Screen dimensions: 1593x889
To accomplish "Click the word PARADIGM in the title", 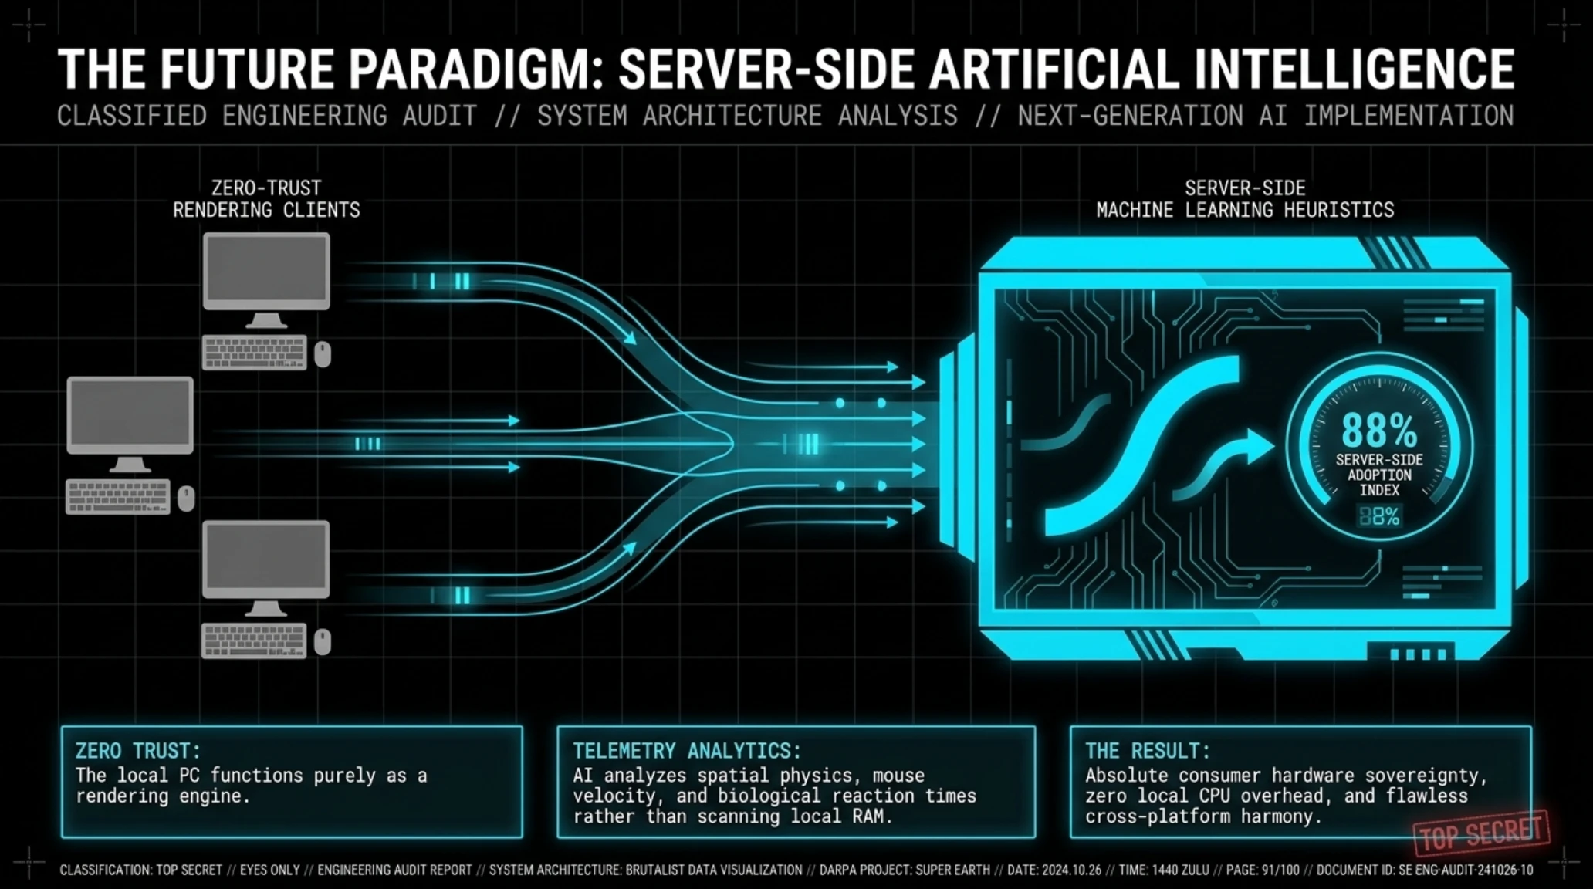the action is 473,69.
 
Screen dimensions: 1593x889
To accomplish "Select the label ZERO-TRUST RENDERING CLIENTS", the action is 266,199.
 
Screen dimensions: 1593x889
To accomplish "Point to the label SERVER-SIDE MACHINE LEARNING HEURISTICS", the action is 1245,199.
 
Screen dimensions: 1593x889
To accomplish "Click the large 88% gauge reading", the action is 1379,430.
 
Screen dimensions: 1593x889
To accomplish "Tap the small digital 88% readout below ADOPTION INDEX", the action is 1379,516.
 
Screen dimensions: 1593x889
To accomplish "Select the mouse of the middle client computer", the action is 186,499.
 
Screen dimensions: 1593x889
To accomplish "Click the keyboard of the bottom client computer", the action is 254,641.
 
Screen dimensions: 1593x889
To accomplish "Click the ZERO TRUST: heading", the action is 138,751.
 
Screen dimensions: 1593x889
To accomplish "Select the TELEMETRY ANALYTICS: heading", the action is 687,751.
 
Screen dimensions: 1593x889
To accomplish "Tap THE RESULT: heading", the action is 1148,751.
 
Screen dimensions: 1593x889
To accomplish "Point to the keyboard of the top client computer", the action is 255,353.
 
